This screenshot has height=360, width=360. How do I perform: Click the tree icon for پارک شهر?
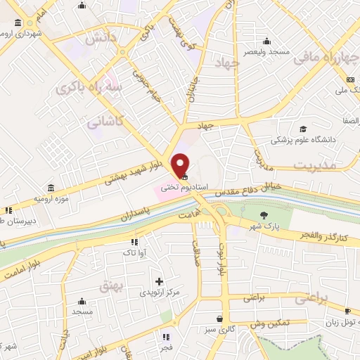(264, 215)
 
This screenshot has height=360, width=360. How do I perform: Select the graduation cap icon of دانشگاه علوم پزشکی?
(302, 129)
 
